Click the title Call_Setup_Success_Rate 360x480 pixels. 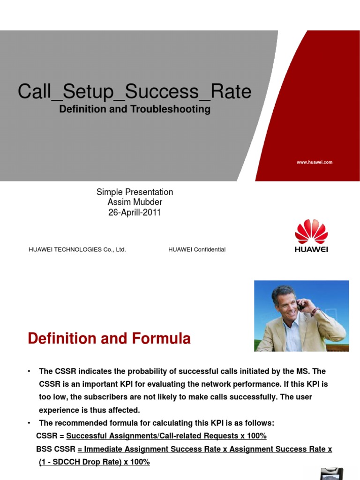tap(135, 91)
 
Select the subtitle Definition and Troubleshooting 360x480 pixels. tap(135, 109)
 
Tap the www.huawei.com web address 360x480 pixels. tap(314, 162)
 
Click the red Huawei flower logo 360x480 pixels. tap(311, 231)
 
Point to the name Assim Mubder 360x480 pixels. tap(135, 202)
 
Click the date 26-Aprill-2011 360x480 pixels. tap(135, 212)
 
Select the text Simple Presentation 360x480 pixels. tap(135, 192)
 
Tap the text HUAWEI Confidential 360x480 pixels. tap(197, 249)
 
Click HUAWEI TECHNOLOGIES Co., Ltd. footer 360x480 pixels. tap(77, 249)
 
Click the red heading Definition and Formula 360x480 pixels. tap(109, 338)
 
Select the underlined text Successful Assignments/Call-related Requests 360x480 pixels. tap(152, 436)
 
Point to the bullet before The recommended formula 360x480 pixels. tap(30, 423)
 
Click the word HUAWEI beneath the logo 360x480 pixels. tap(311, 249)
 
